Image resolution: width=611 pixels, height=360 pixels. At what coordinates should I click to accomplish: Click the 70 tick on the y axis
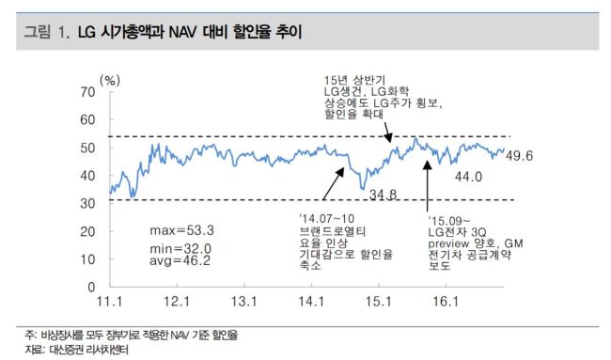pos(87,92)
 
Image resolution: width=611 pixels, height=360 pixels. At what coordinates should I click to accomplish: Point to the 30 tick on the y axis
pos(87,203)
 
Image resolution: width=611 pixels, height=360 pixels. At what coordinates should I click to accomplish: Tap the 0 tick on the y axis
pos(91,287)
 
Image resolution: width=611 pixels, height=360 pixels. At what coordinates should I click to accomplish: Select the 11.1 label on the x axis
pos(109,302)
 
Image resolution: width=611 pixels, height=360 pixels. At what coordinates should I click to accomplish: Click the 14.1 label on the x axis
pos(311,302)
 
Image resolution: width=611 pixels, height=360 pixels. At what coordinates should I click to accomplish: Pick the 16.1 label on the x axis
pos(446,302)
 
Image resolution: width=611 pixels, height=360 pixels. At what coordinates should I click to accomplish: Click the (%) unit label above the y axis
pos(110,81)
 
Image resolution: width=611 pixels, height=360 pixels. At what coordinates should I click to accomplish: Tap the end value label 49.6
pos(520,156)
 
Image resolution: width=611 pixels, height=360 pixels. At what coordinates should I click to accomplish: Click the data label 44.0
pos(468,177)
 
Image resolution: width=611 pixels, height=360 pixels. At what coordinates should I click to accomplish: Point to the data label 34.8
pos(383,194)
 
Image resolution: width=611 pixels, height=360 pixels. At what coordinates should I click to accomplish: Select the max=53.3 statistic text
pos(182,230)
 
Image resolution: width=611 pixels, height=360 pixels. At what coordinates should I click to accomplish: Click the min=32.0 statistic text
pos(180,248)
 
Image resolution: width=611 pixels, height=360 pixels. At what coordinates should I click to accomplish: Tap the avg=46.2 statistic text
pos(180,260)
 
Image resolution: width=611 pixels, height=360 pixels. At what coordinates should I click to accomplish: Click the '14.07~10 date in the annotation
pos(326,219)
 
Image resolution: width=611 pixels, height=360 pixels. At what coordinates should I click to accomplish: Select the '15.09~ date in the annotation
pos(449,221)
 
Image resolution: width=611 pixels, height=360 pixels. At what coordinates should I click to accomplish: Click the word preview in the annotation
pos(448,243)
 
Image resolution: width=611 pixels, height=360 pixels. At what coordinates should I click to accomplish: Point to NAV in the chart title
pos(182,32)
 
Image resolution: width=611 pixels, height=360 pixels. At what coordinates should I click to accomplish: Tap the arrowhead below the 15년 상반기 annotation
pos(388,137)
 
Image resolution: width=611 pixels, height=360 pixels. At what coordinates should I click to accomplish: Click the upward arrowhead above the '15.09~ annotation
pos(427,165)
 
